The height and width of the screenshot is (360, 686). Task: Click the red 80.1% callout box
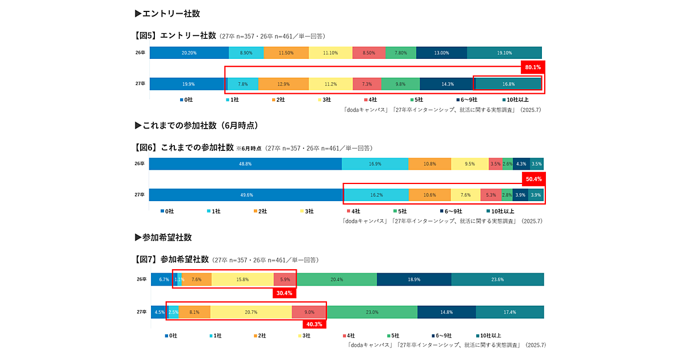(x=533, y=67)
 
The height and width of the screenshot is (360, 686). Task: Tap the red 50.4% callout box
(x=533, y=179)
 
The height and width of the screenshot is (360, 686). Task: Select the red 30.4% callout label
(x=284, y=293)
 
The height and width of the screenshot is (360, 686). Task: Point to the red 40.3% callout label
(x=314, y=325)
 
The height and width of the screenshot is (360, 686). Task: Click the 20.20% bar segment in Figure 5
(x=189, y=53)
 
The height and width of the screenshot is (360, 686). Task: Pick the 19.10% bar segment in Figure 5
(x=504, y=53)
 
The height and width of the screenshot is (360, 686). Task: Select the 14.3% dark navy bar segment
(x=447, y=84)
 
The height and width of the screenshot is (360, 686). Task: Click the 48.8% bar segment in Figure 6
(x=245, y=163)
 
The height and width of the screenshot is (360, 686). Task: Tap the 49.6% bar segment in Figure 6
(x=246, y=195)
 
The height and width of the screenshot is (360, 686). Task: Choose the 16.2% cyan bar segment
(x=376, y=195)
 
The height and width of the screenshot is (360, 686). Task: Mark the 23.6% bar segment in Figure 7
(x=497, y=279)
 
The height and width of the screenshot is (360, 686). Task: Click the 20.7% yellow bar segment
(x=251, y=312)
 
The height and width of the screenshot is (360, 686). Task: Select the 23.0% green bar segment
(x=372, y=312)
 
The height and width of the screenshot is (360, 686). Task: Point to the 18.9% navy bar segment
(x=414, y=279)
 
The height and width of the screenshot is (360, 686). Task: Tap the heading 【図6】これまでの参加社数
(x=184, y=147)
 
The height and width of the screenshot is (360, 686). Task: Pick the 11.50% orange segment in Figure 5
(x=286, y=53)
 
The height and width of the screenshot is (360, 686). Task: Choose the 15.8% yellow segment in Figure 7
(x=242, y=279)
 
